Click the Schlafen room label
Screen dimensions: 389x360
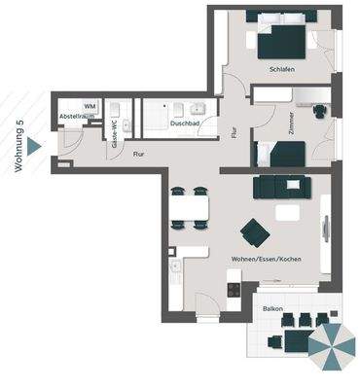click(283, 71)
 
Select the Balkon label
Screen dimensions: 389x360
click(273, 308)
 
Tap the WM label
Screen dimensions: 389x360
click(90, 105)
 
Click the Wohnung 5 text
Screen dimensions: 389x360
click(18, 146)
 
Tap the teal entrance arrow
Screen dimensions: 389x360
click(35, 146)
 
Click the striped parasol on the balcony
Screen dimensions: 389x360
click(333, 347)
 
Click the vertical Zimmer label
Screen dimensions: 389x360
click(292, 124)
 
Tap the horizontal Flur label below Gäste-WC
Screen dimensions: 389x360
click(139, 153)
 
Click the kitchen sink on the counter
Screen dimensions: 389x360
click(175, 265)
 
